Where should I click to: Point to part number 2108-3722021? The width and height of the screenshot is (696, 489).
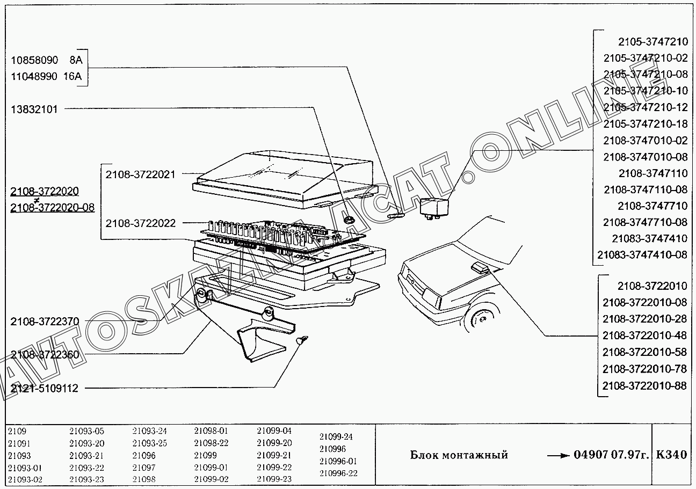(141, 174)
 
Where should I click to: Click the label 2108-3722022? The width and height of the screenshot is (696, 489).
(141, 223)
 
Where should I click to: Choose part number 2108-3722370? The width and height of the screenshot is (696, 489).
(45, 322)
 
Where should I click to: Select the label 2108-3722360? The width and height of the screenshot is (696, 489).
(45, 355)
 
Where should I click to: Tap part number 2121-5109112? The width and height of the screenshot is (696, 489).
(45, 388)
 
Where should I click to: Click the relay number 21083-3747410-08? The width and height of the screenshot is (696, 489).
(642, 254)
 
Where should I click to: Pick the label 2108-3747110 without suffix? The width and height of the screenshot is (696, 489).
(653, 173)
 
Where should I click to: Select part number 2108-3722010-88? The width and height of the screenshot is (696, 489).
(644, 386)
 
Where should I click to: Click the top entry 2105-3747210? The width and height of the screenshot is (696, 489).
(653, 41)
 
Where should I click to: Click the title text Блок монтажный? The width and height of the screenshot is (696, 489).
(459, 455)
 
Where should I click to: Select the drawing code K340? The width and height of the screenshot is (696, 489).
(671, 455)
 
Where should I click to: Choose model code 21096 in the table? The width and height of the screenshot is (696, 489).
(143, 455)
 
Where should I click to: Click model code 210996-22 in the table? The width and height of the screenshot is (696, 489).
(338, 473)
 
